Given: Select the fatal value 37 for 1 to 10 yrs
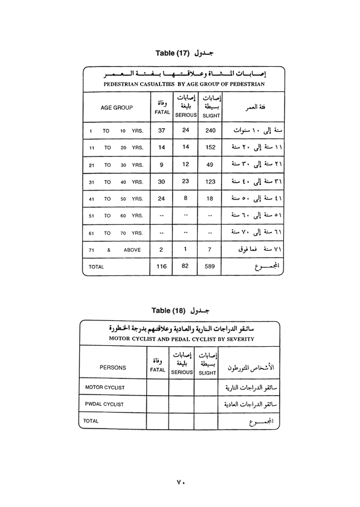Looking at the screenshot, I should click(x=162, y=130).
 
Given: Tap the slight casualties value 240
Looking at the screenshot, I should click(x=210, y=130).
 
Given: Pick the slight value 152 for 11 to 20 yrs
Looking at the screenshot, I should click(x=210, y=147).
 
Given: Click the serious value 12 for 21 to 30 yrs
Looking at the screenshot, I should click(x=186, y=164).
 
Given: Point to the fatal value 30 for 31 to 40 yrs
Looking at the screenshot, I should click(x=161, y=182).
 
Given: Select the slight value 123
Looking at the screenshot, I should click(x=210, y=182).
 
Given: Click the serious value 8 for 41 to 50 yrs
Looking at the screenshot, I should click(x=186, y=198).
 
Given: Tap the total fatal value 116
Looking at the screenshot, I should click(x=162, y=267).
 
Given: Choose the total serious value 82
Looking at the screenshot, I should click(x=186, y=267).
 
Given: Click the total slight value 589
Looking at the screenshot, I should click(x=210, y=267).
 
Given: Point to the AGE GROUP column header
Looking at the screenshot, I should click(x=117, y=108).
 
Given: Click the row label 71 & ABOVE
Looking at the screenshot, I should click(x=115, y=250).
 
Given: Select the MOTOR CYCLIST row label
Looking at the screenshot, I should click(x=105, y=387).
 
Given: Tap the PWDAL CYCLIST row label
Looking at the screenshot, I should click(x=104, y=404).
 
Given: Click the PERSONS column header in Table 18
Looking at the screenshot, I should click(x=113, y=367).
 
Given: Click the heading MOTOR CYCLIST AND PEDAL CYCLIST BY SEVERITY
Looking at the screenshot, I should click(x=181, y=339).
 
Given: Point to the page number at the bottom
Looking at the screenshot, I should click(x=180, y=482).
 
